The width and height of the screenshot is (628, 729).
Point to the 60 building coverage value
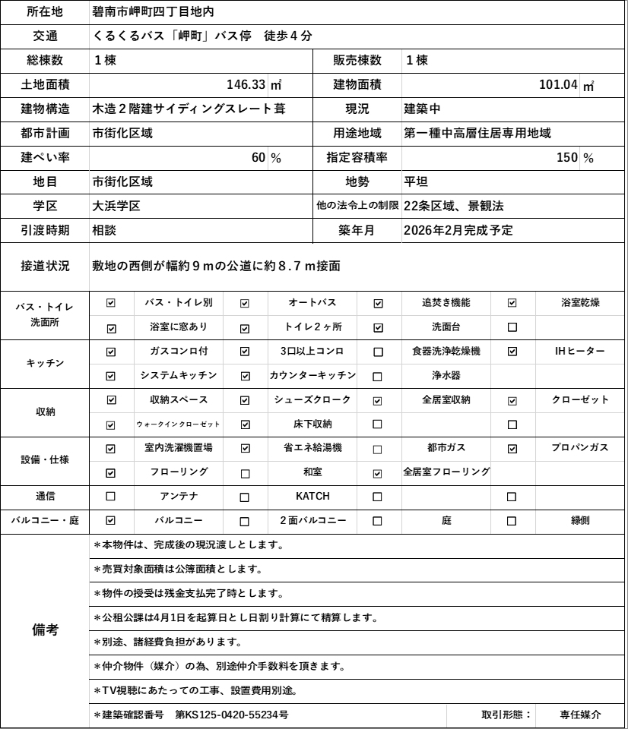click(x=258, y=158)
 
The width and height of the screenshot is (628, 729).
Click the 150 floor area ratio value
click(x=567, y=158)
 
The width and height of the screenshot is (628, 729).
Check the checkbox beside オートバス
click(x=245, y=303)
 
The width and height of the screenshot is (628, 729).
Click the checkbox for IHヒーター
click(x=512, y=352)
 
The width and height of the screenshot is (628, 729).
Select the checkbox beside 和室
click(x=245, y=473)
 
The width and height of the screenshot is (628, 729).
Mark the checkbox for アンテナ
click(x=111, y=497)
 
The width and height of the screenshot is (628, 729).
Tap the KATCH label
click(x=312, y=497)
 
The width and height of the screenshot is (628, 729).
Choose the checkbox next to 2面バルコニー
click(x=245, y=521)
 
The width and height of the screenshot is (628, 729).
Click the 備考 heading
click(x=45, y=630)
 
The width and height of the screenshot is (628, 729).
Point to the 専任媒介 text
click(x=580, y=715)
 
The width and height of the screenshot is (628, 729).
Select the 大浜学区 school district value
click(x=116, y=206)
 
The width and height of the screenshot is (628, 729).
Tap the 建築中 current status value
click(x=423, y=109)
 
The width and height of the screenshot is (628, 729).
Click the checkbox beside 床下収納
click(x=245, y=424)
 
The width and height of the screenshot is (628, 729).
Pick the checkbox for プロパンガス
click(x=512, y=449)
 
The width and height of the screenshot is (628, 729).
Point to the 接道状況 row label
click(x=45, y=266)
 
